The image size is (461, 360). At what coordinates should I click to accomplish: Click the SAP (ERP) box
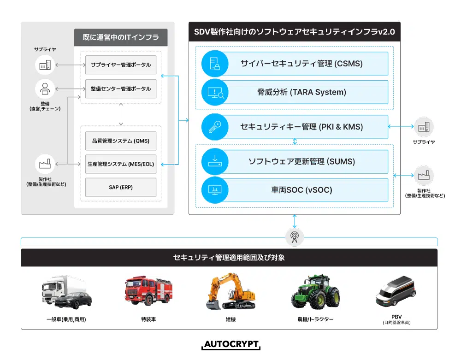click(121, 187)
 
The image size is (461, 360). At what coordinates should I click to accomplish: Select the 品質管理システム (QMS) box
click(121, 141)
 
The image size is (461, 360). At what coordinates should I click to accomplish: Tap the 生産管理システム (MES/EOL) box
click(121, 164)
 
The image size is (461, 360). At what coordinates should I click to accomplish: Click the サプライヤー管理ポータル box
click(121, 65)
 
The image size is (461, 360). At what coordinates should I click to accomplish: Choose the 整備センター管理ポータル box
click(121, 89)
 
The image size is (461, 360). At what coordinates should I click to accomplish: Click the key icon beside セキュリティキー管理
click(214, 127)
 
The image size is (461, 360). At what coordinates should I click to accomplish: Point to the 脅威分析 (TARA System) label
click(301, 92)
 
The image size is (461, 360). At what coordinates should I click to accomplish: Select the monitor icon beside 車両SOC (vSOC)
click(214, 189)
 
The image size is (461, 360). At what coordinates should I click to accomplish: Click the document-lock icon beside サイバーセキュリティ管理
click(214, 64)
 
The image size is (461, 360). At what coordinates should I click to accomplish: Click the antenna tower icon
click(295, 237)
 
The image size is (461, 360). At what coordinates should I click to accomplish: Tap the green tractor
click(315, 293)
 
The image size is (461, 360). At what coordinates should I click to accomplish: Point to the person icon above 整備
click(45, 89)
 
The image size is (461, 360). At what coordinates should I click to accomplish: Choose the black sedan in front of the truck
click(73, 301)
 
